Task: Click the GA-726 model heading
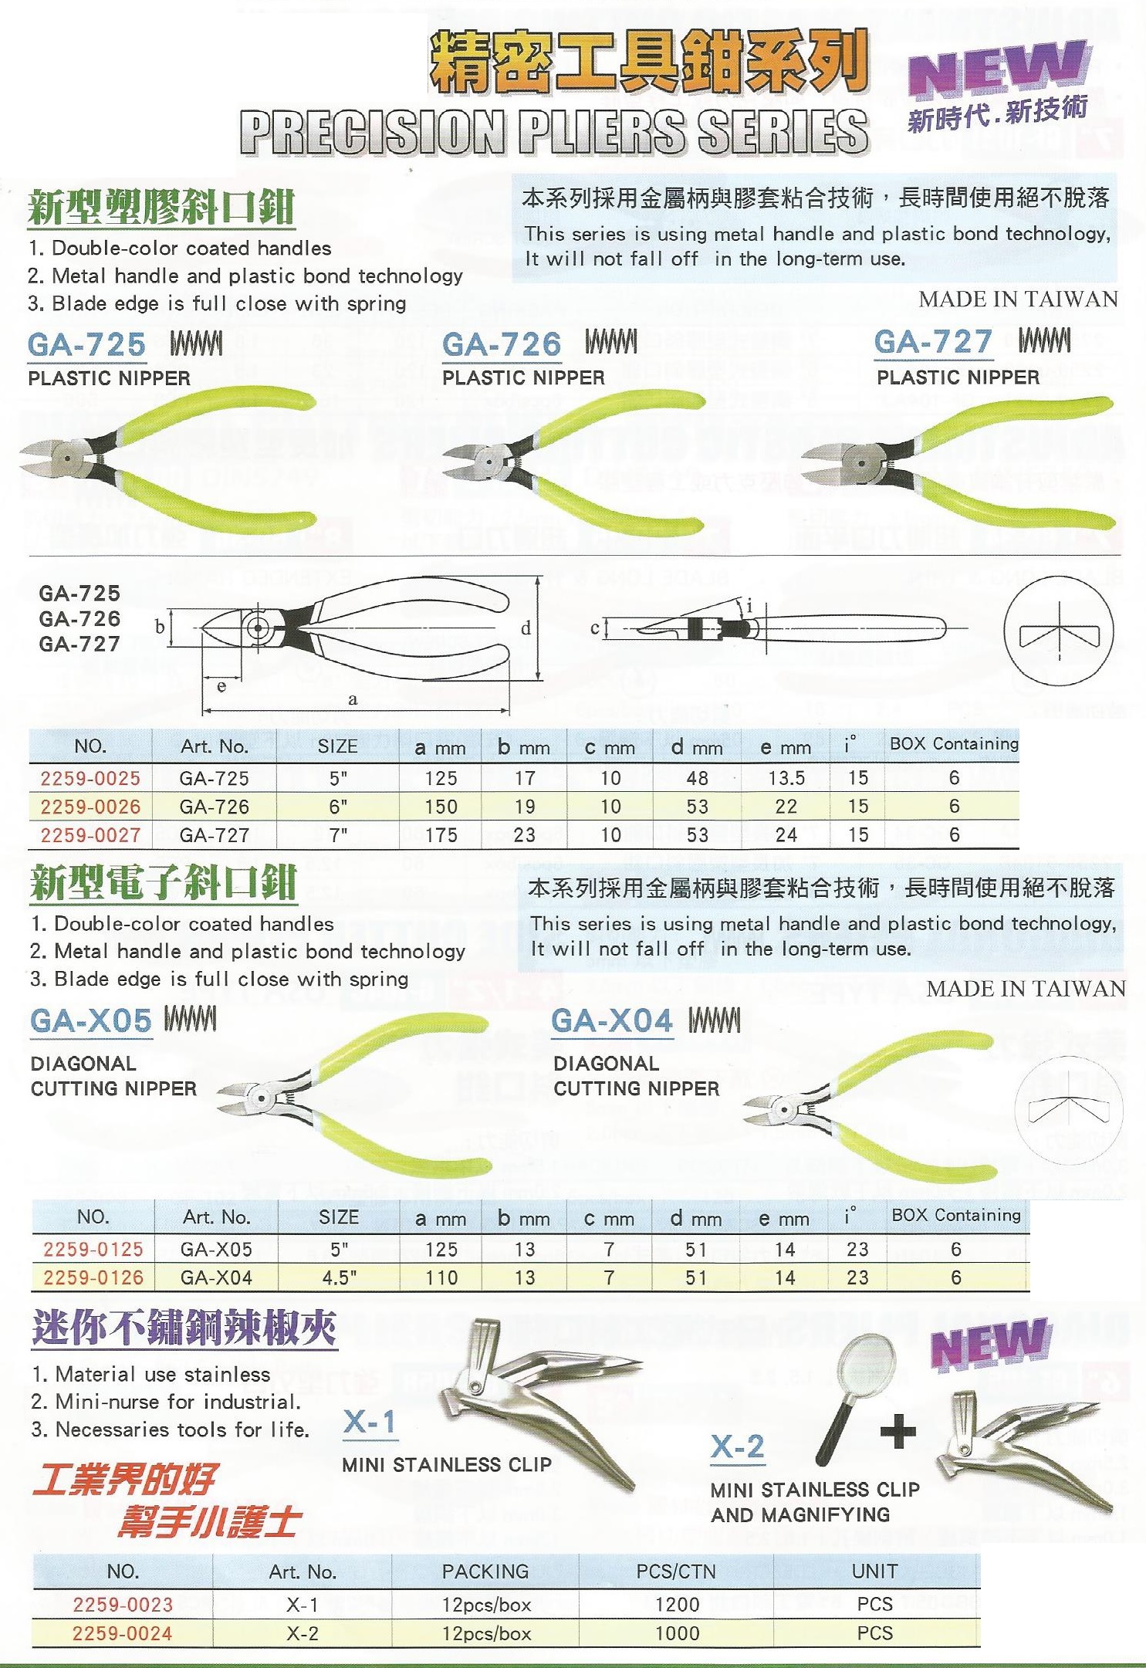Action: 502,343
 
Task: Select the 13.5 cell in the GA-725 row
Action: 786,778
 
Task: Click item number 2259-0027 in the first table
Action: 90,835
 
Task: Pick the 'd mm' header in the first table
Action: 696,747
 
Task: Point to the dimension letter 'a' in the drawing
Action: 353,699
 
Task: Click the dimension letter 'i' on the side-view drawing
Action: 749,605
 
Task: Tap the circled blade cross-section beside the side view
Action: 1059,631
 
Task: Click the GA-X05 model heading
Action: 90,1021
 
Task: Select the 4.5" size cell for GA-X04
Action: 339,1278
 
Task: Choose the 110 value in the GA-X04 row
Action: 441,1278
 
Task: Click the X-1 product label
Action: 370,1422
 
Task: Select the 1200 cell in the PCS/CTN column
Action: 677,1605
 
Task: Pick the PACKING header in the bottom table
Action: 485,1572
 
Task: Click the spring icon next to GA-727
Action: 1044,340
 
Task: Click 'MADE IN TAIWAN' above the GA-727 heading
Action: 1018,299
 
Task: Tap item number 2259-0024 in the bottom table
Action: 122,1634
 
